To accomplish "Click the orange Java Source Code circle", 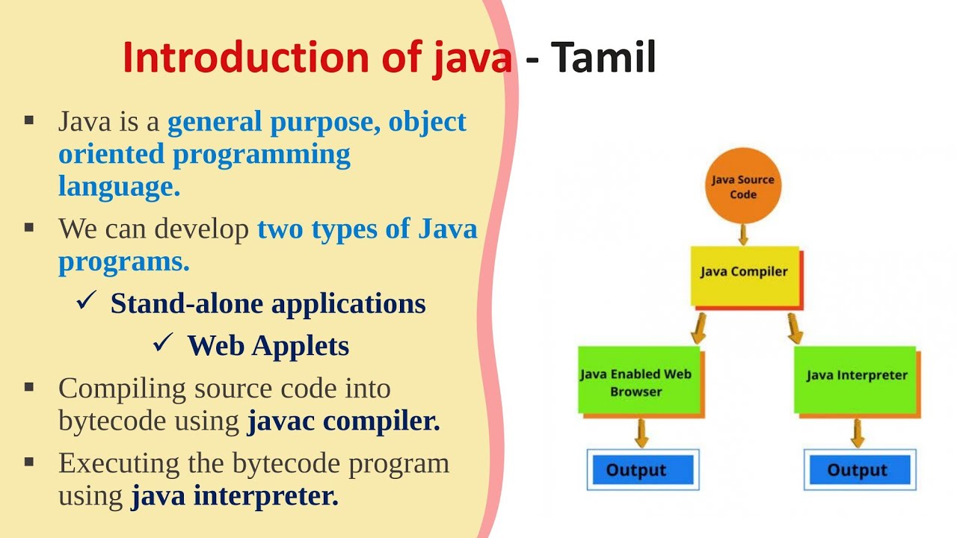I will (x=742, y=187).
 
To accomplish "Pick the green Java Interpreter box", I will (x=855, y=378).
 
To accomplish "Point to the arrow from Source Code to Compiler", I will (x=742, y=235).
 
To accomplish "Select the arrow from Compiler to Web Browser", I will (x=699, y=327).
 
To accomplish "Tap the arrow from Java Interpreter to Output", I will (x=857, y=433).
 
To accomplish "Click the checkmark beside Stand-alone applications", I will (x=87, y=301).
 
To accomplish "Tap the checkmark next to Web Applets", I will (x=164, y=343).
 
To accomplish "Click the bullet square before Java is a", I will (x=29, y=120).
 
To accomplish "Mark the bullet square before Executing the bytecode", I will (x=29, y=462).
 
